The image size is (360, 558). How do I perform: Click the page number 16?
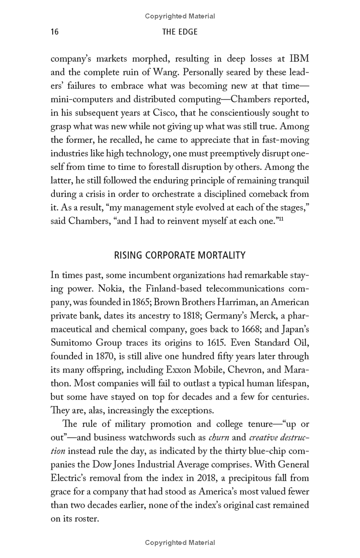55,32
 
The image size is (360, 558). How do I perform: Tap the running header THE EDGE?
180,32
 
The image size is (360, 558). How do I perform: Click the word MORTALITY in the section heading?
221,255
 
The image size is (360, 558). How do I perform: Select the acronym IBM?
299,59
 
